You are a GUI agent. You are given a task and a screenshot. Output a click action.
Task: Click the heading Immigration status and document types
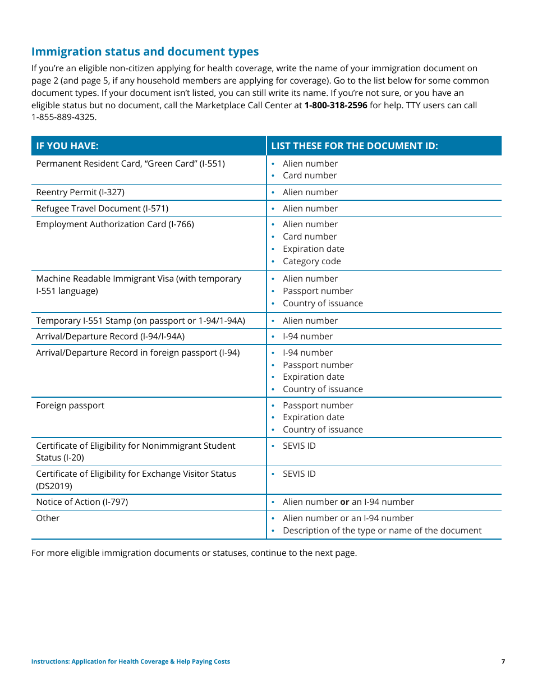coord(145,52)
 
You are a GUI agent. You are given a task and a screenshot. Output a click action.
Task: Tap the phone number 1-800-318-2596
coord(336,105)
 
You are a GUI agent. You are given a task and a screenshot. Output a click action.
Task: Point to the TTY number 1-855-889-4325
coord(63,117)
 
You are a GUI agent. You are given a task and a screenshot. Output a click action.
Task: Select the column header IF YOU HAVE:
coord(67,146)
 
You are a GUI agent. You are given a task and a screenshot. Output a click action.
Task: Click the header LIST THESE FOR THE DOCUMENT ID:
coord(354,146)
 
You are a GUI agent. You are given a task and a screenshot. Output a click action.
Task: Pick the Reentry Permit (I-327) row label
coord(80,192)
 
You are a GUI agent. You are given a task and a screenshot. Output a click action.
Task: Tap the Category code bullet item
coord(311,261)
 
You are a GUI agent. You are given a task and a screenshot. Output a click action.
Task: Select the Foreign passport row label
coord(70,406)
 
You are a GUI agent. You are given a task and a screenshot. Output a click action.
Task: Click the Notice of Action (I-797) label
coord(82,502)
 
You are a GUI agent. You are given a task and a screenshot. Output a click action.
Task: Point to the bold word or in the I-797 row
coord(344,502)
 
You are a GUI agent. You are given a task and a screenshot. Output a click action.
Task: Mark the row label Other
coord(48,518)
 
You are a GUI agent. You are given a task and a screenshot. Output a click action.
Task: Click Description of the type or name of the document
coord(382,531)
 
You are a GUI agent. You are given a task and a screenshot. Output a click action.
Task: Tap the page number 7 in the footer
coord(503,662)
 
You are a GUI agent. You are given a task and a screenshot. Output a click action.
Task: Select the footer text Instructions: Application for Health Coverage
coord(130,662)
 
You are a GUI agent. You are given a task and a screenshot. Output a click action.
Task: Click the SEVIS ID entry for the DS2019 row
coord(299,474)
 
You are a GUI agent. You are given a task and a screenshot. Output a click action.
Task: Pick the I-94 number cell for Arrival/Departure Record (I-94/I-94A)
coord(307,337)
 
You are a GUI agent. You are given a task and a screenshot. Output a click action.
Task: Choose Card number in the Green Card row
coord(310,176)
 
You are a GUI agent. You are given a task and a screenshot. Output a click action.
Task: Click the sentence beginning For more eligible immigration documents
coord(194,553)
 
